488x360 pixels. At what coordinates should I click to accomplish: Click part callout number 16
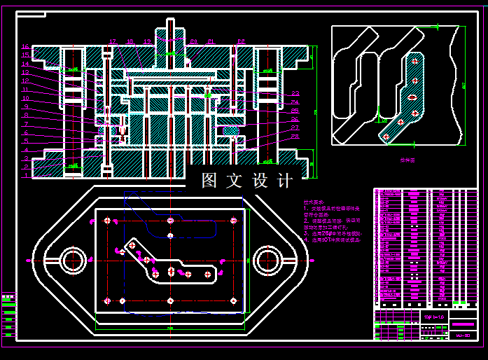click(x=25, y=46)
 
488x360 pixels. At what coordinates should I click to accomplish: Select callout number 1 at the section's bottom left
click(x=25, y=175)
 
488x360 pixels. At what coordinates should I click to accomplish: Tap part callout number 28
click(x=295, y=137)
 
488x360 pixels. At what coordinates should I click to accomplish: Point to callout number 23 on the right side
click(x=295, y=93)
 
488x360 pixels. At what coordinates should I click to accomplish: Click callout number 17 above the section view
click(x=112, y=41)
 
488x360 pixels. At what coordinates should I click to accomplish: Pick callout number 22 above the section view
click(x=240, y=41)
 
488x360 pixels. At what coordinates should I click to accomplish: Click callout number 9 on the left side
click(x=25, y=106)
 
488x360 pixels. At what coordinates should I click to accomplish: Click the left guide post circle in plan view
click(x=72, y=261)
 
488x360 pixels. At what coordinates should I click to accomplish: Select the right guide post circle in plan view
click(x=267, y=261)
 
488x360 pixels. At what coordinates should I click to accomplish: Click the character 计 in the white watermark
click(x=285, y=181)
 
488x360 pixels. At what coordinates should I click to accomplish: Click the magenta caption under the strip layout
click(x=407, y=160)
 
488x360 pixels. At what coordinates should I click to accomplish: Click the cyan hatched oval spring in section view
click(x=230, y=130)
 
